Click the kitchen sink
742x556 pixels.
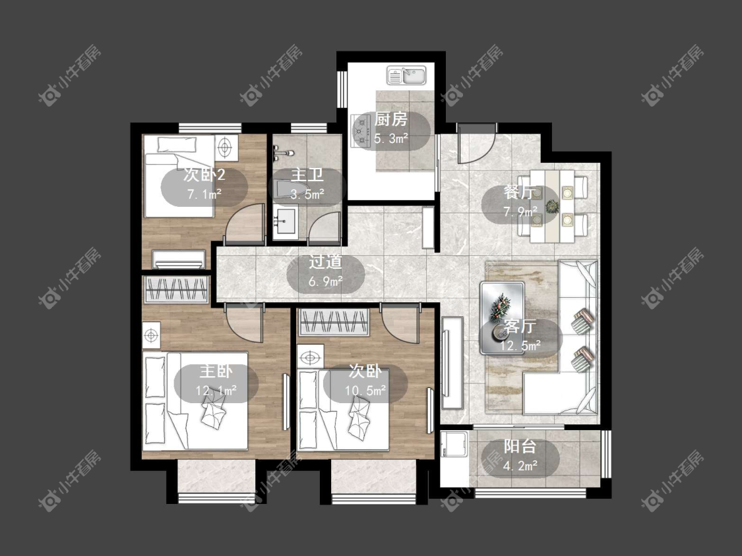click(x=407, y=75)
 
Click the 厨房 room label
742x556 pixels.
click(x=390, y=119)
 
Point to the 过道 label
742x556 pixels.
click(x=325, y=262)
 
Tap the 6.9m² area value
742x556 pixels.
click(x=326, y=282)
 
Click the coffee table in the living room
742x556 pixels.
click(x=502, y=318)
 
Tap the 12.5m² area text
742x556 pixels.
click(x=520, y=346)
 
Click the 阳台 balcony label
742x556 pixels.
click(x=520, y=446)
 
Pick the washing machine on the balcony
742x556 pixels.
click(x=454, y=444)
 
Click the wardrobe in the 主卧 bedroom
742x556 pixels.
click(x=177, y=289)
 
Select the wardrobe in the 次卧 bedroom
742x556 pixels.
click(x=334, y=322)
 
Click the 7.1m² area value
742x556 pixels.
click(x=204, y=194)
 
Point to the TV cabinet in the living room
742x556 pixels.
click(x=452, y=362)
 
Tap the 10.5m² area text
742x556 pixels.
click(x=365, y=391)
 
